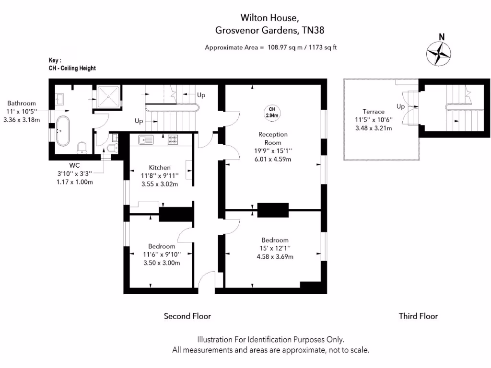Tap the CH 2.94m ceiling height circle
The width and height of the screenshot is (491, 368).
272,112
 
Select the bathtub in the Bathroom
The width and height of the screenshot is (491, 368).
63,130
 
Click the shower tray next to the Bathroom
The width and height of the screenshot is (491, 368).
107,98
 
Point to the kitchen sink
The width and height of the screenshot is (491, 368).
145,140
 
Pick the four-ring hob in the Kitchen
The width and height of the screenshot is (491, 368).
173,140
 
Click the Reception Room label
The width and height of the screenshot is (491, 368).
272,138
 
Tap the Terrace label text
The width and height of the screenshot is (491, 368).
373,111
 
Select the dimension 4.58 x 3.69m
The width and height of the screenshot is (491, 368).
275,257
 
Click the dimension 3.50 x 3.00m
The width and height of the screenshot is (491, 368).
162,263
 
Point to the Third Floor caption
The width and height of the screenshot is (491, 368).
418,316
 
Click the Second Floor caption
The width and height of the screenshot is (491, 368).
187,316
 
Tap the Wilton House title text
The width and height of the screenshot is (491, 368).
270,18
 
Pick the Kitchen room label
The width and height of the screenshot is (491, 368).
160,167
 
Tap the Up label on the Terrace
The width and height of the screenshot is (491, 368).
401,106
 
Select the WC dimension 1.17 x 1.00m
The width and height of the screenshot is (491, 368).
74,182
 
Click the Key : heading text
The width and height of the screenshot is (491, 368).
55,60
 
